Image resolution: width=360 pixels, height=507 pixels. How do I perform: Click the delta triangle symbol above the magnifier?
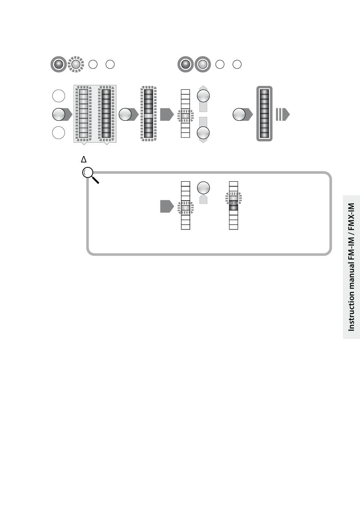(x=84, y=159)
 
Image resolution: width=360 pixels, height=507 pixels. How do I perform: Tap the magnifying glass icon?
(x=89, y=175)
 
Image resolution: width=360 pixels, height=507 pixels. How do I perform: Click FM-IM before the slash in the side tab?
(x=351, y=246)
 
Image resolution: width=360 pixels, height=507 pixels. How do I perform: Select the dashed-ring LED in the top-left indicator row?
(x=76, y=64)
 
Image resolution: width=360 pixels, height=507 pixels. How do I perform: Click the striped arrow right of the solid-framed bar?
(x=282, y=114)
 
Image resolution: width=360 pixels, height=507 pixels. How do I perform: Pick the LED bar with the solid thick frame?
(x=265, y=114)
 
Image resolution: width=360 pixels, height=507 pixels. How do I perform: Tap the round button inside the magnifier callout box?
(x=203, y=188)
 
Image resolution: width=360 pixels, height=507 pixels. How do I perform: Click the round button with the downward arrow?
(x=203, y=133)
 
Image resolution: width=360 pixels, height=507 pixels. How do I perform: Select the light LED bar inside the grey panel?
(x=84, y=114)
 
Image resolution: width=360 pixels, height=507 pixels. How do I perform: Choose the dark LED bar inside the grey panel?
(x=106, y=114)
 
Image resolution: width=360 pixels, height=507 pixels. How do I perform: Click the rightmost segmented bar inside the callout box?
(x=233, y=205)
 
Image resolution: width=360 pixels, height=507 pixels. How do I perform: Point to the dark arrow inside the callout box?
(x=167, y=207)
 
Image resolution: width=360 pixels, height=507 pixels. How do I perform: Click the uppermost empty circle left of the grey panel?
(x=58, y=96)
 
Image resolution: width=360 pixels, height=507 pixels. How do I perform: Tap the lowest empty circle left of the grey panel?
(x=58, y=133)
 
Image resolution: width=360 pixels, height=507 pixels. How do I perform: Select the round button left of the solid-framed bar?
(x=239, y=114)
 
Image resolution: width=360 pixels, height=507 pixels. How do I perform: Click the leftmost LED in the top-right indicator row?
(x=185, y=64)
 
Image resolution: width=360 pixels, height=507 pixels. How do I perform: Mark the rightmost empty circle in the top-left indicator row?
(x=110, y=64)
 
